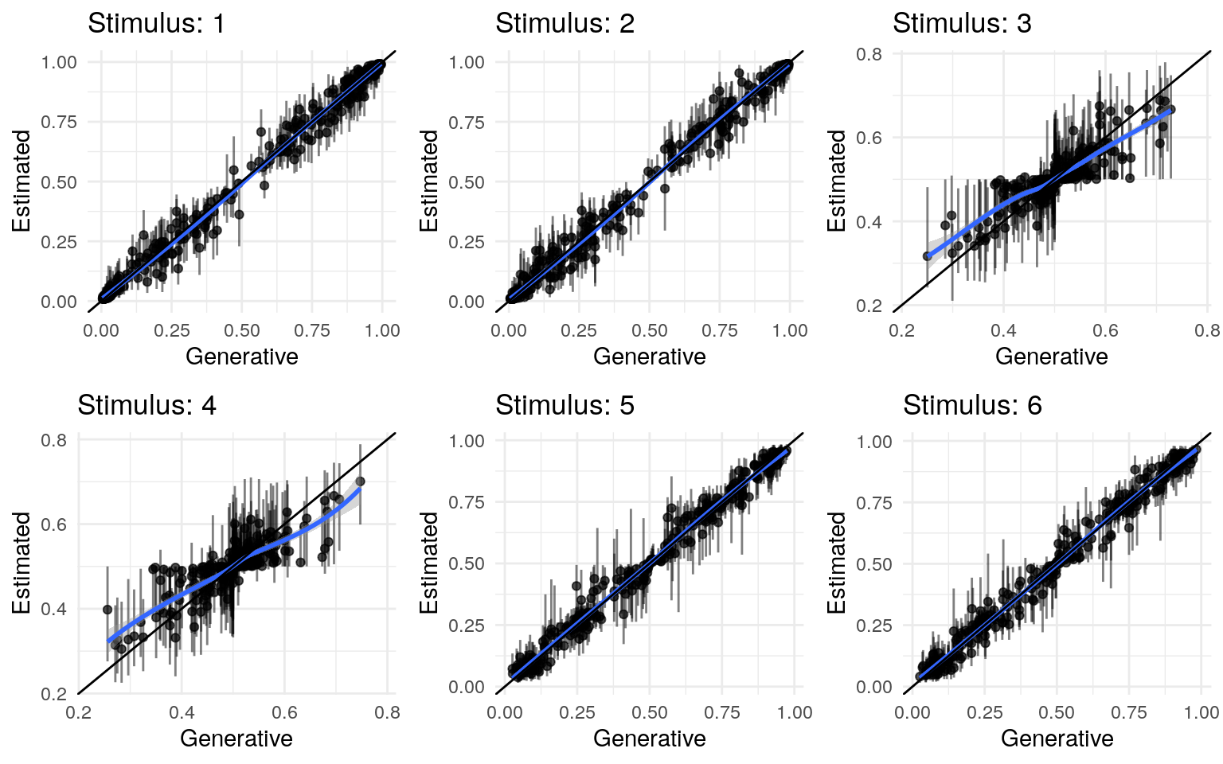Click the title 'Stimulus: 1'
pos(156,23)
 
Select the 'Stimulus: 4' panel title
pos(147,405)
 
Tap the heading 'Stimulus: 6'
pos(972,405)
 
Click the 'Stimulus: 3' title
pos(962,23)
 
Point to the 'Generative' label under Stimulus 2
pos(649,356)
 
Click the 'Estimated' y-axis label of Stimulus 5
pos(429,563)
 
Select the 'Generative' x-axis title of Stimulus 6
pos(1057,738)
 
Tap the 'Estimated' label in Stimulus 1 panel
pos(21,181)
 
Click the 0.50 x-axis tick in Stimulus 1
pos(241,330)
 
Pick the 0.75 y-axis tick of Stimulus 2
pos(467,122)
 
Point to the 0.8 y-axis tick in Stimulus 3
pos(869,54)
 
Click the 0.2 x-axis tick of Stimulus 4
pos(78,712)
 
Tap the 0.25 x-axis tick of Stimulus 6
pos(984,712)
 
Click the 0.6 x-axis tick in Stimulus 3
pos(1105,330)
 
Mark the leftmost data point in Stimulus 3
pos(927,256)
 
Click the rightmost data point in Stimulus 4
pos(360,481)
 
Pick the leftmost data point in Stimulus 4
pos(107,610)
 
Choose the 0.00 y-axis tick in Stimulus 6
pos(874,687)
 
